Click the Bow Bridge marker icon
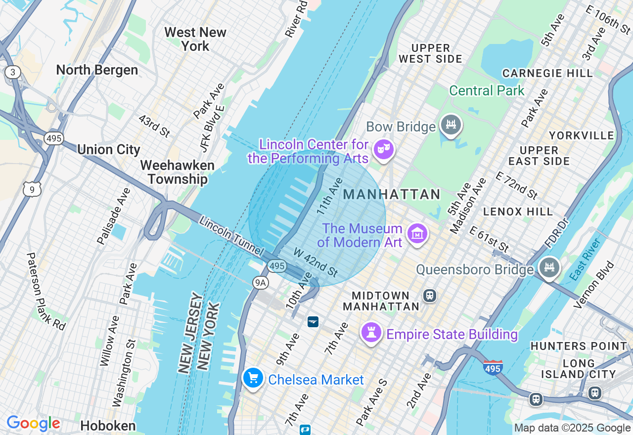tap(451, 125)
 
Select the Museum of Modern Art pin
tap(417, 233)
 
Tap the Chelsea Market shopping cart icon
tap(253, 378)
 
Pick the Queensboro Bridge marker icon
tap(549, 268)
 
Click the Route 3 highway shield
tap(13, 73)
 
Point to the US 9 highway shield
tap(32, 188)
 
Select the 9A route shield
tap(260, 282)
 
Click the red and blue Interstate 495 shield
tap(493, 367)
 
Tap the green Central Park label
tap(487, 91)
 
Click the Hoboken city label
tap(108, 426)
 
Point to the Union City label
tap(109, 149)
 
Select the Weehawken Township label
tap(177, 172)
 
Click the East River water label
tap(585, 260)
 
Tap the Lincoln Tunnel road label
tap(230, 236)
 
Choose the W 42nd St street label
tap(316, 262)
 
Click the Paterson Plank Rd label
tap(45, 292)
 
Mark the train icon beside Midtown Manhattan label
tap(429, 296)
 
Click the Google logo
tap(33, 424)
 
